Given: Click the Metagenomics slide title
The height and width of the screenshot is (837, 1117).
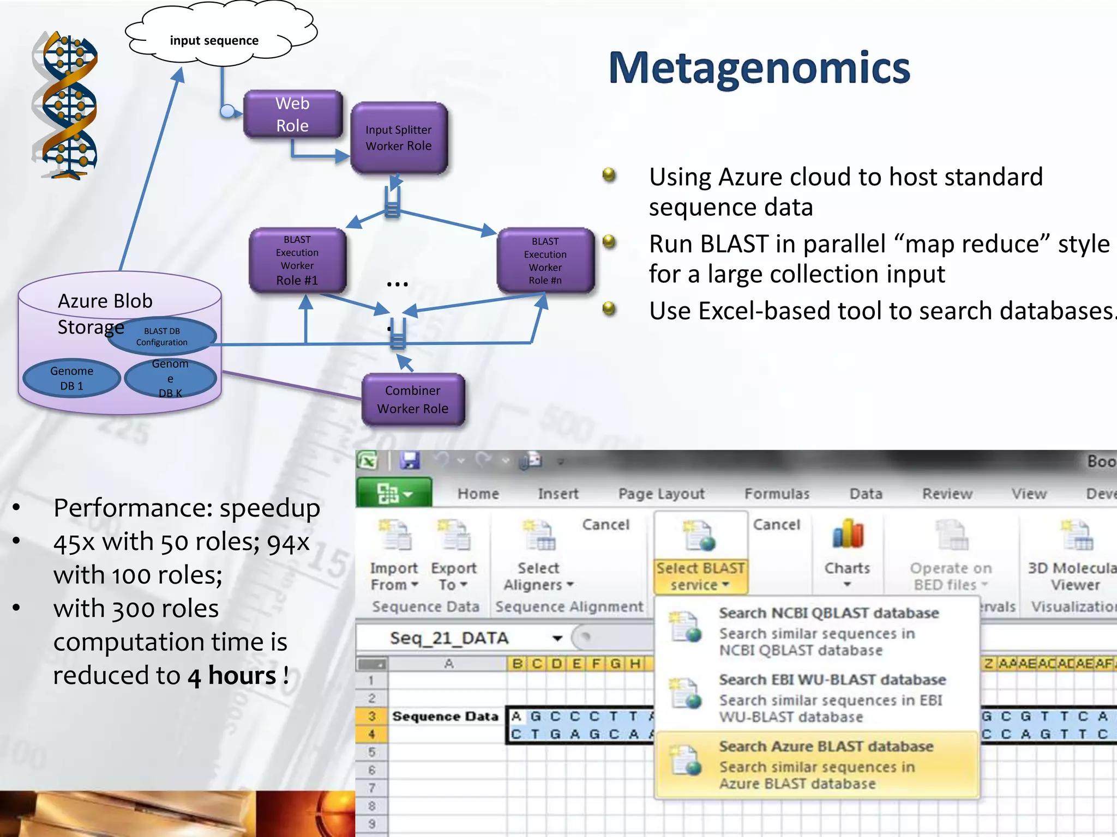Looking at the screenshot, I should coord(759,68).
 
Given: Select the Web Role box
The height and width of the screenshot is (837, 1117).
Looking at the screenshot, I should coord(293,114).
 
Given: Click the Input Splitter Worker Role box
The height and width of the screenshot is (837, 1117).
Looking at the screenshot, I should coord(399,138).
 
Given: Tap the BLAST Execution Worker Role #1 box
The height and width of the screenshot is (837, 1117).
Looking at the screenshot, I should coord(297,260).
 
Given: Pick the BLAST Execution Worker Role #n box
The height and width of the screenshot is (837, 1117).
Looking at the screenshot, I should coord(545,260).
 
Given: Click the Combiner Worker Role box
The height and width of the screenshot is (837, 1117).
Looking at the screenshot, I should coord(413,399).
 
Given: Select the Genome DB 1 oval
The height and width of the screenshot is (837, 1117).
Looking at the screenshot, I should coord(71,378).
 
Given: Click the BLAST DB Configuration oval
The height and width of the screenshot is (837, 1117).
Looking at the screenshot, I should coord(162,336).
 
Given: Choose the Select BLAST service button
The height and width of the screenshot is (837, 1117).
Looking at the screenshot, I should coord(700,553).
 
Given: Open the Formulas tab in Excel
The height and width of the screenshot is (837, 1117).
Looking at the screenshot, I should coord(777,494).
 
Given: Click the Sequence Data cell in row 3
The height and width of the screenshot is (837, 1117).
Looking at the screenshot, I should coord(445,716).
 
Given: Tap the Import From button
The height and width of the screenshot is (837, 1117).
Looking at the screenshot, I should coord(394,553).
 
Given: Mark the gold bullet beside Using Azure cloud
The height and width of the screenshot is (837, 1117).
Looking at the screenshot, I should coord(609,175).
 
